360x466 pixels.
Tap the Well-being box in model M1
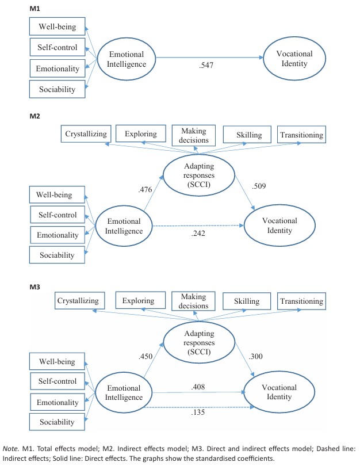click(56, 26)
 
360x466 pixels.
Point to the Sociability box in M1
click(56, 89)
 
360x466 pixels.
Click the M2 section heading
click(35, 116)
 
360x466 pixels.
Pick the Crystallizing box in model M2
click(86, 135)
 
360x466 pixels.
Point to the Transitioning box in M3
click(301, 300)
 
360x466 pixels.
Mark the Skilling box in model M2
click(248, 135)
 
